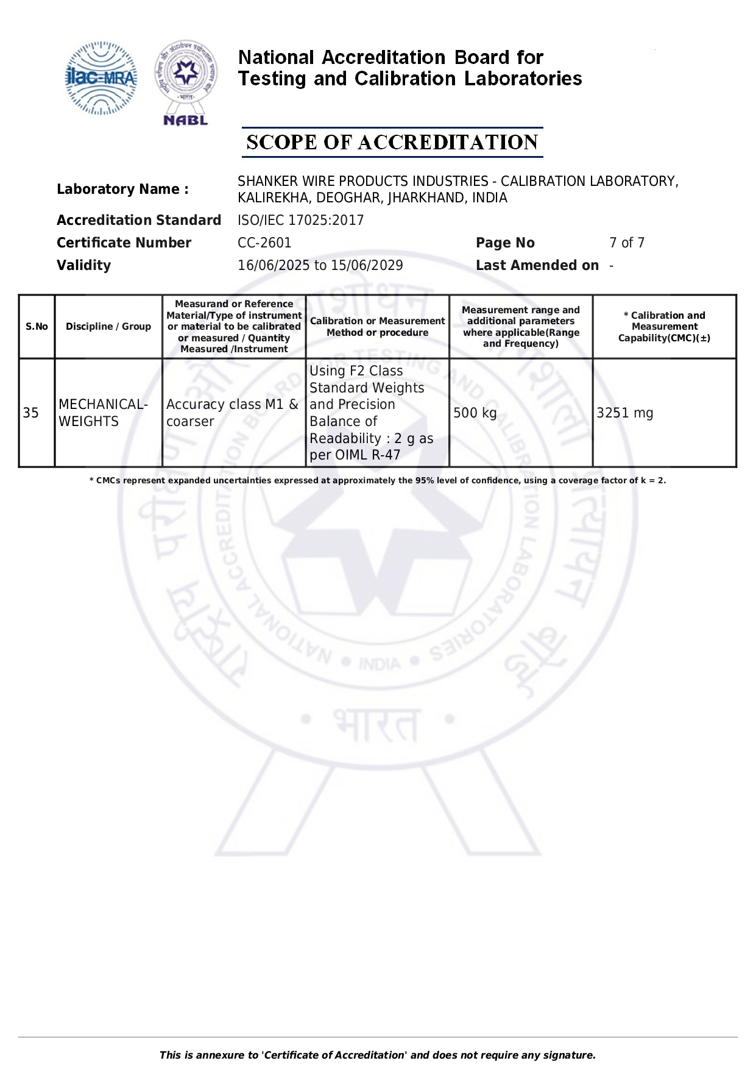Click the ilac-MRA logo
pos(101,78)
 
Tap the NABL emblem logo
pos(186,82)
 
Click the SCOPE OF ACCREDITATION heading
pos(392,143)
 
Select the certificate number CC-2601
pos(264,243)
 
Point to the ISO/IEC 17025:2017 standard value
pos(300,220)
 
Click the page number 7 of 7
pos(626,243)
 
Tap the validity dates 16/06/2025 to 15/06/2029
pos(320,265)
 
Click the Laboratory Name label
pos(122,189)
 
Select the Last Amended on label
pos(537,265)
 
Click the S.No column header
pos(37,327)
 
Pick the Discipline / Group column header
pos(108,327)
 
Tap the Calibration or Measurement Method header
pos(377,327)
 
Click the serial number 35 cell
pos(31,413)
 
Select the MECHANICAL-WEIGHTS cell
pos(103,413)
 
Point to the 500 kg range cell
pos(475,413)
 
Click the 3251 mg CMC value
pos(624,413)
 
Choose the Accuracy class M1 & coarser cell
pos(232,413)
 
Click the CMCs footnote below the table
pos(377,480)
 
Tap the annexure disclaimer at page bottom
pos(377,1055)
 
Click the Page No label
pos(505,243)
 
